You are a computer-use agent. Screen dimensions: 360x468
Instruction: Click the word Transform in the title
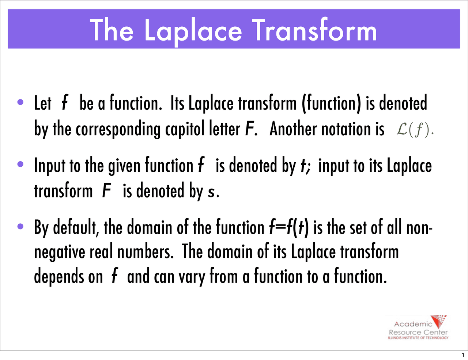[314, 30]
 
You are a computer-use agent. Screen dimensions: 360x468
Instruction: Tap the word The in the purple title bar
[112, 30]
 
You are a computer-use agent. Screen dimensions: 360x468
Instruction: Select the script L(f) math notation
[415, 130]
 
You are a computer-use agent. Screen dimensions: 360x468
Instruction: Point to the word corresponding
[117, 130]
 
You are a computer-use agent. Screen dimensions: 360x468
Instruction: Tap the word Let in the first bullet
[42, 103]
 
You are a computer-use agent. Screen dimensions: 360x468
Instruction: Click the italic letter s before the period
[211, 192]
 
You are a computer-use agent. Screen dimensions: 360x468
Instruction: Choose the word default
[75, 227]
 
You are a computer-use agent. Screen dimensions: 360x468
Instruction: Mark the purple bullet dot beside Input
[20, 164]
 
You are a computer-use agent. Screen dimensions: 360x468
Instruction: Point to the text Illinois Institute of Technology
[418, 338]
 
